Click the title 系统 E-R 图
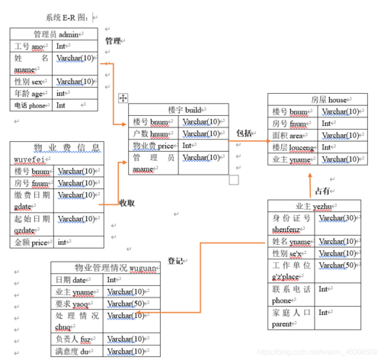66,17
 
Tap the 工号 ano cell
30,47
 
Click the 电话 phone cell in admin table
30,106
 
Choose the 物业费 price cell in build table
153,146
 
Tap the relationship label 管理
113,41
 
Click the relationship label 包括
244,133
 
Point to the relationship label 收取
126,203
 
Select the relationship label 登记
175,260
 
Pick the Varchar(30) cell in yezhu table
338,219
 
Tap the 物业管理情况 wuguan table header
105,268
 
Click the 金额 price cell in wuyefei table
30,243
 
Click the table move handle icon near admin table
123,98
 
